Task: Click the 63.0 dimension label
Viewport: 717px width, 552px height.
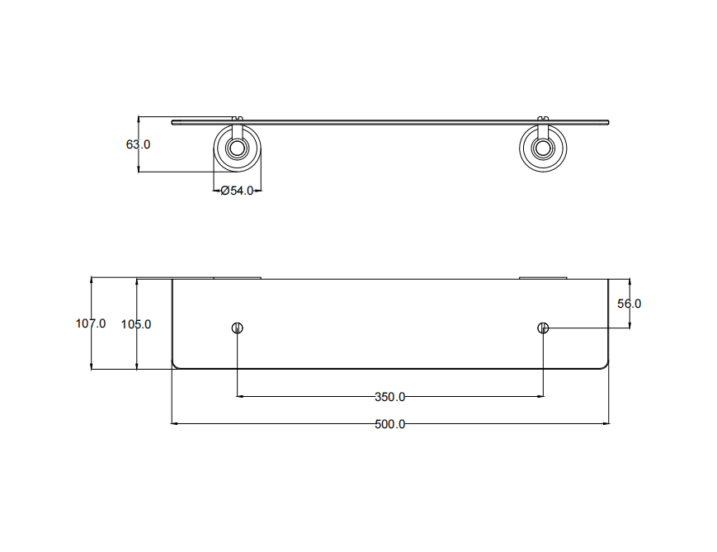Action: tap(138, 144)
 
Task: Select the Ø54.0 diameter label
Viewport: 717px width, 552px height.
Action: tap(237, 191)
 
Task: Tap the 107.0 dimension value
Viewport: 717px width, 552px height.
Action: tap(91, 323)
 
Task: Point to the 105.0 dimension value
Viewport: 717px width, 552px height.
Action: tap(136, 324)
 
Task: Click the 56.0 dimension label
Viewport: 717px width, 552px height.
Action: tap(630, 304)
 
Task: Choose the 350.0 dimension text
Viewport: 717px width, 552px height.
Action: tap(390, 397)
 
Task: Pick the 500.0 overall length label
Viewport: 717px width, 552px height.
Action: tap(390, 424)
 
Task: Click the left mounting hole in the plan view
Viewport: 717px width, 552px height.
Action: tap(238, 328)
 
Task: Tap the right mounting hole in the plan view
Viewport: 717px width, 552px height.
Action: tap(543, 328)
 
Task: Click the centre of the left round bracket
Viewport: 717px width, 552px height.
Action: tap(238, 149)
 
